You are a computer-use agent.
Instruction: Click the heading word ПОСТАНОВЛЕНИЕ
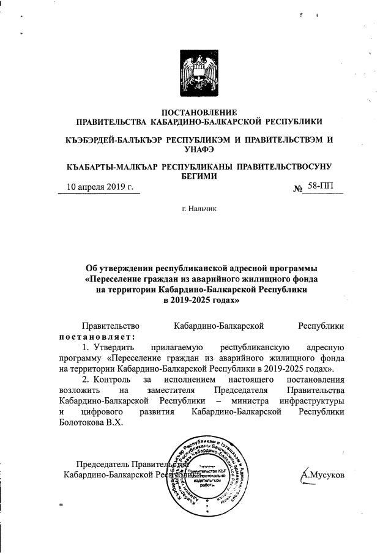pos(198,112)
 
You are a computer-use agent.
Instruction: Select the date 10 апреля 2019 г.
pos(99,187)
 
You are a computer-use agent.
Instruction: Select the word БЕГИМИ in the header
pos(198,176)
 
